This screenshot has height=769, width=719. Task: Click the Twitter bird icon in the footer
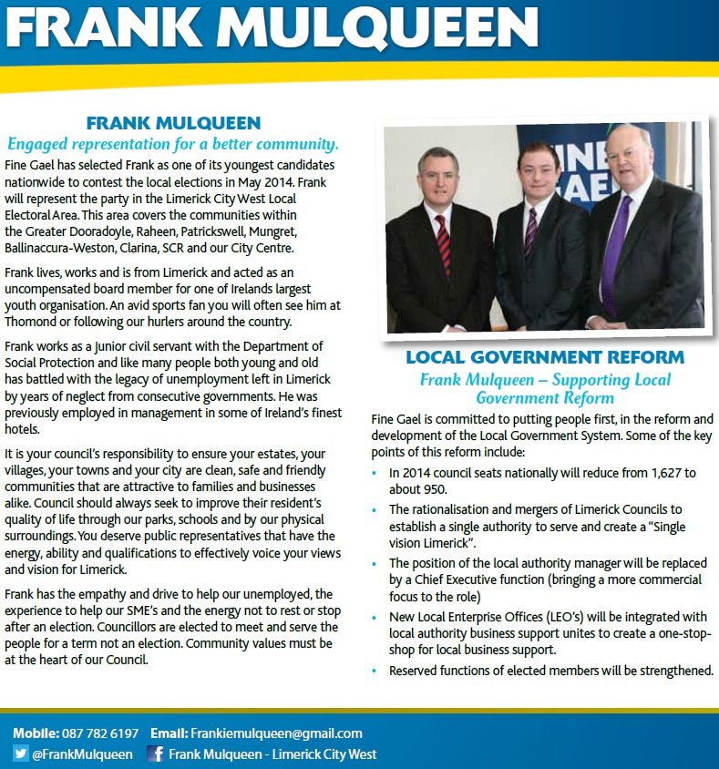[21, 754]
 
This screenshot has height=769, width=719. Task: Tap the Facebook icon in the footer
[155, 754]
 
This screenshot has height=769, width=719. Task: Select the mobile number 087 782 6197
[100, 733]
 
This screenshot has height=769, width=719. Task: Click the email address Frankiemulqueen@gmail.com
[276, 733]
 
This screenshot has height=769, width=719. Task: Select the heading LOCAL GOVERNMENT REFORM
[545, 356]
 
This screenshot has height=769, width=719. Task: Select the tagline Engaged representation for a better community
[173, 144]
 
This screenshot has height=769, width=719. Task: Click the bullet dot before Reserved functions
[377, 671]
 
